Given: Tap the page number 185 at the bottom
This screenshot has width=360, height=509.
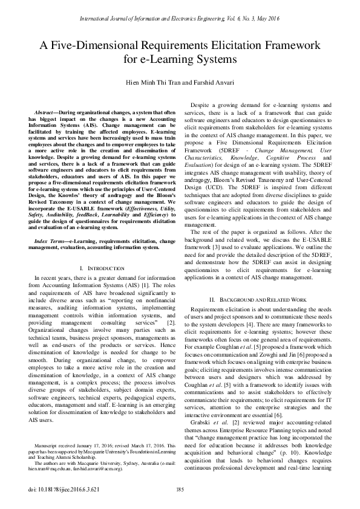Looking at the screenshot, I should pyautogui.click(x=180, y=490).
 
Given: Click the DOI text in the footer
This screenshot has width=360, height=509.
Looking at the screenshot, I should pyautogui.click(x=55, y=490).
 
